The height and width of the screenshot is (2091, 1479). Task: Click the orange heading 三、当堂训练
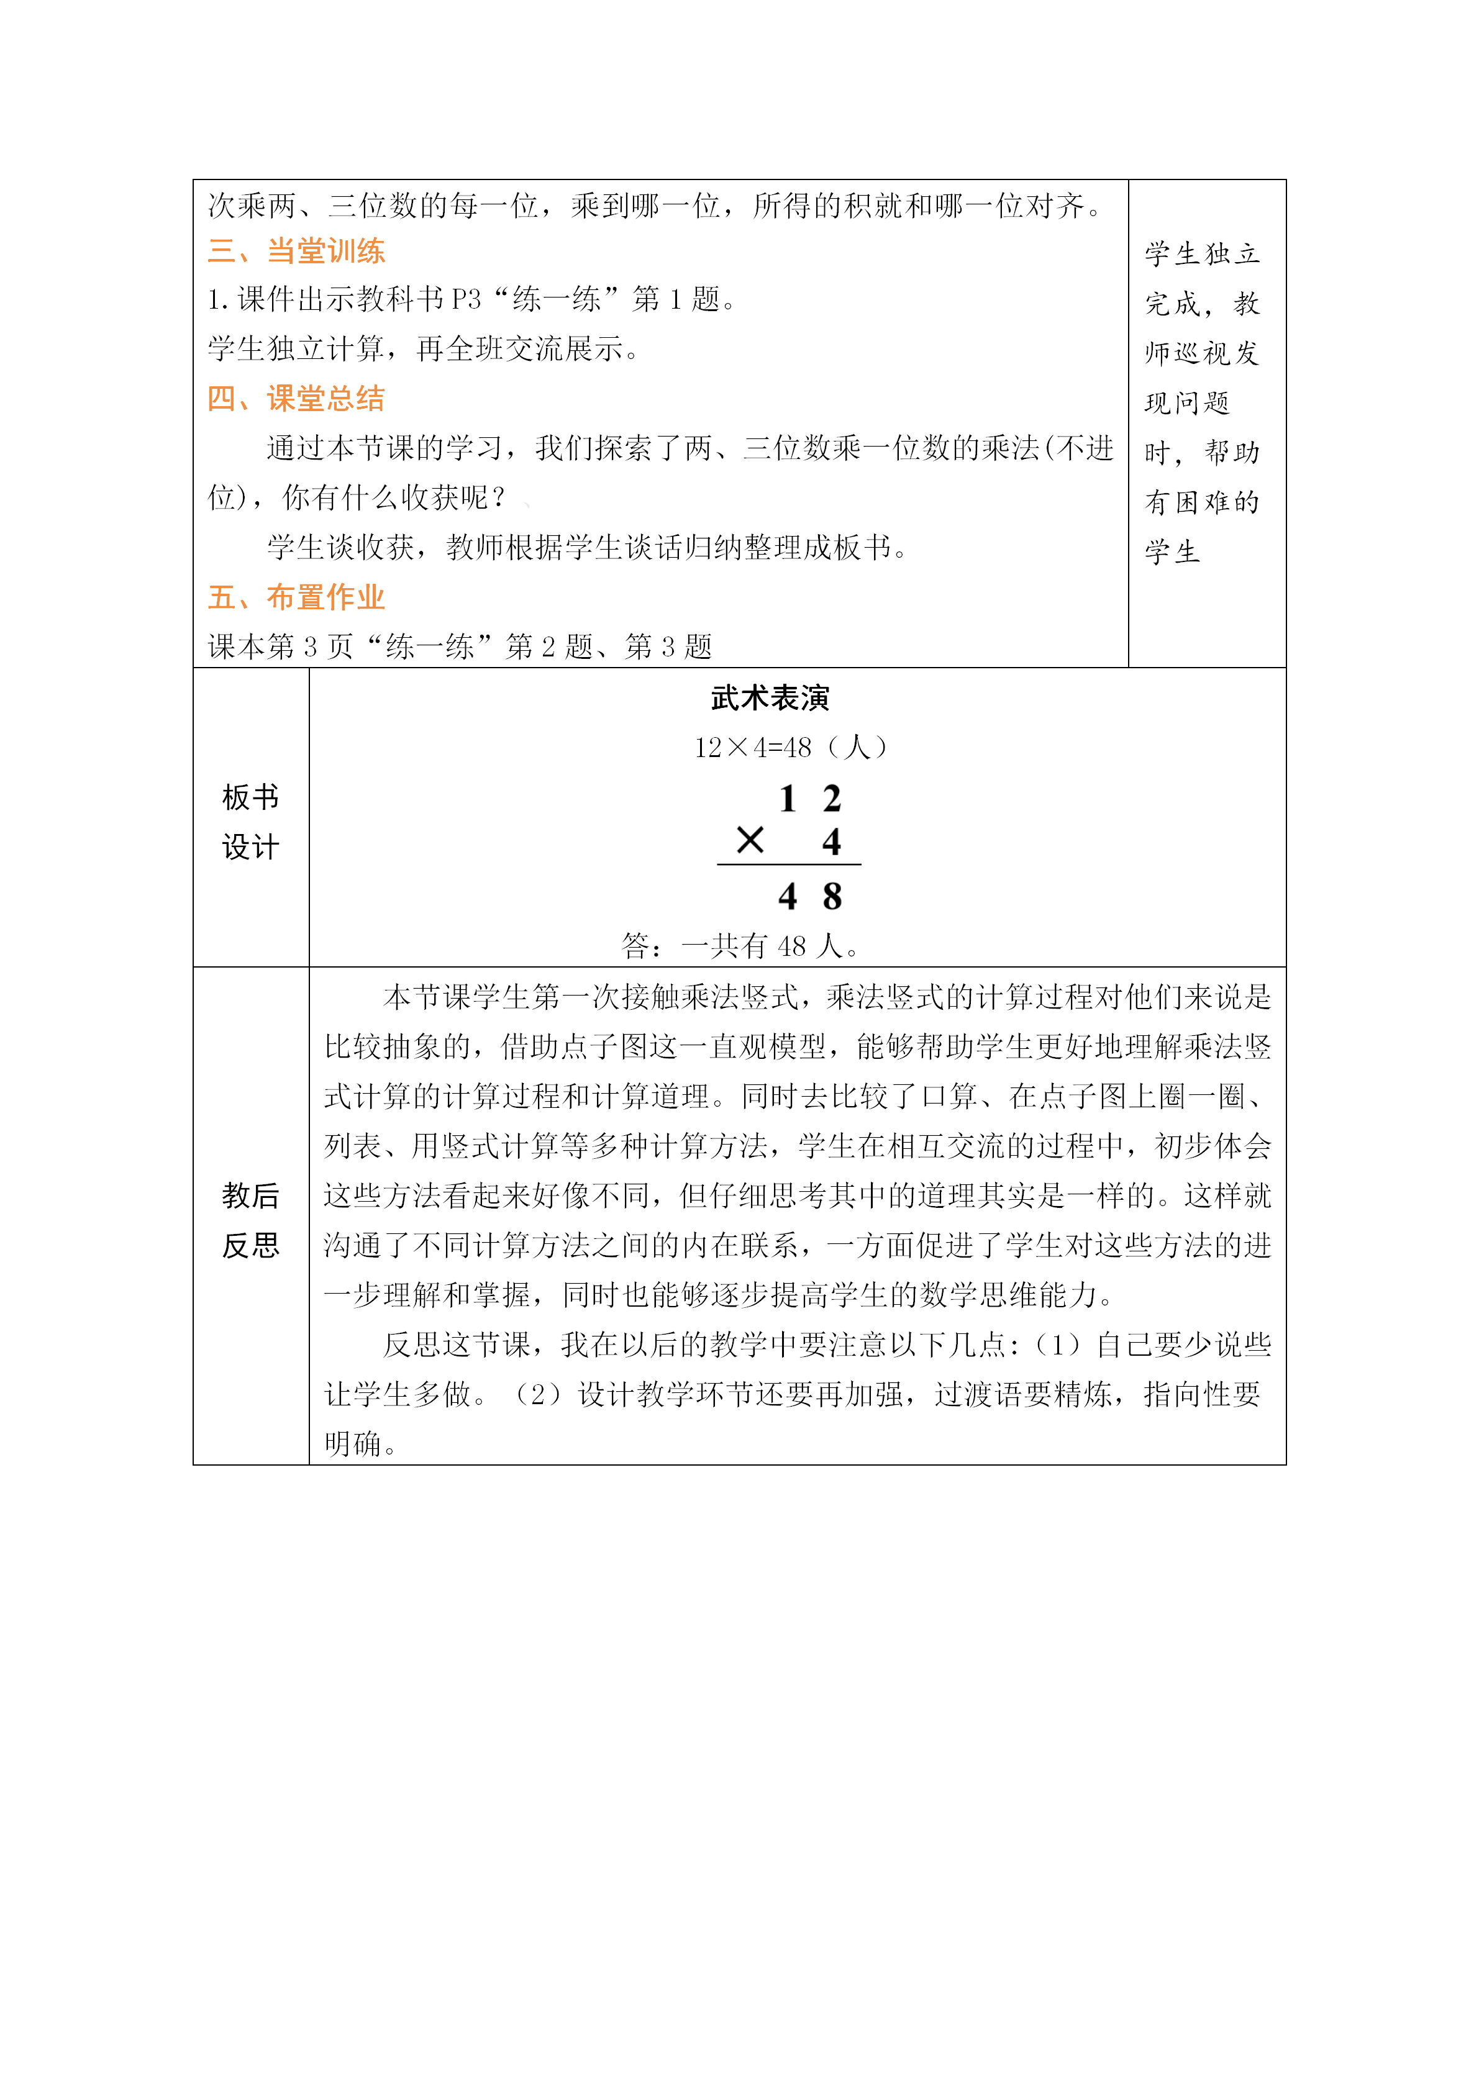click(x=296, y=252)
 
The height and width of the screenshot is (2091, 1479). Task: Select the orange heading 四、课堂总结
click(x=296, y=399)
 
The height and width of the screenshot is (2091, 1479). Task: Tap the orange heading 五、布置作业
click(x=296, y=597)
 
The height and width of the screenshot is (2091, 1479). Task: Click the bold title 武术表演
click(x=770, y=699)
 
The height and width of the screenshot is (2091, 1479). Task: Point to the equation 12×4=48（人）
click(x=789, y=748)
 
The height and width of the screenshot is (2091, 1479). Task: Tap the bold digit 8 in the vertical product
click(x=832, y=897)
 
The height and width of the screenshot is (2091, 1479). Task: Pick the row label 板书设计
click(x=250, y=822)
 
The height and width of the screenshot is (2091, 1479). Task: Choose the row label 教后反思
click(x=250, y=1220)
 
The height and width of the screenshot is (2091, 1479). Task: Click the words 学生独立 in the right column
click(x=1202, y=254)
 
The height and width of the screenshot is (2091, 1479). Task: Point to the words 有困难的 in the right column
click(x=1202, y=502)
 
